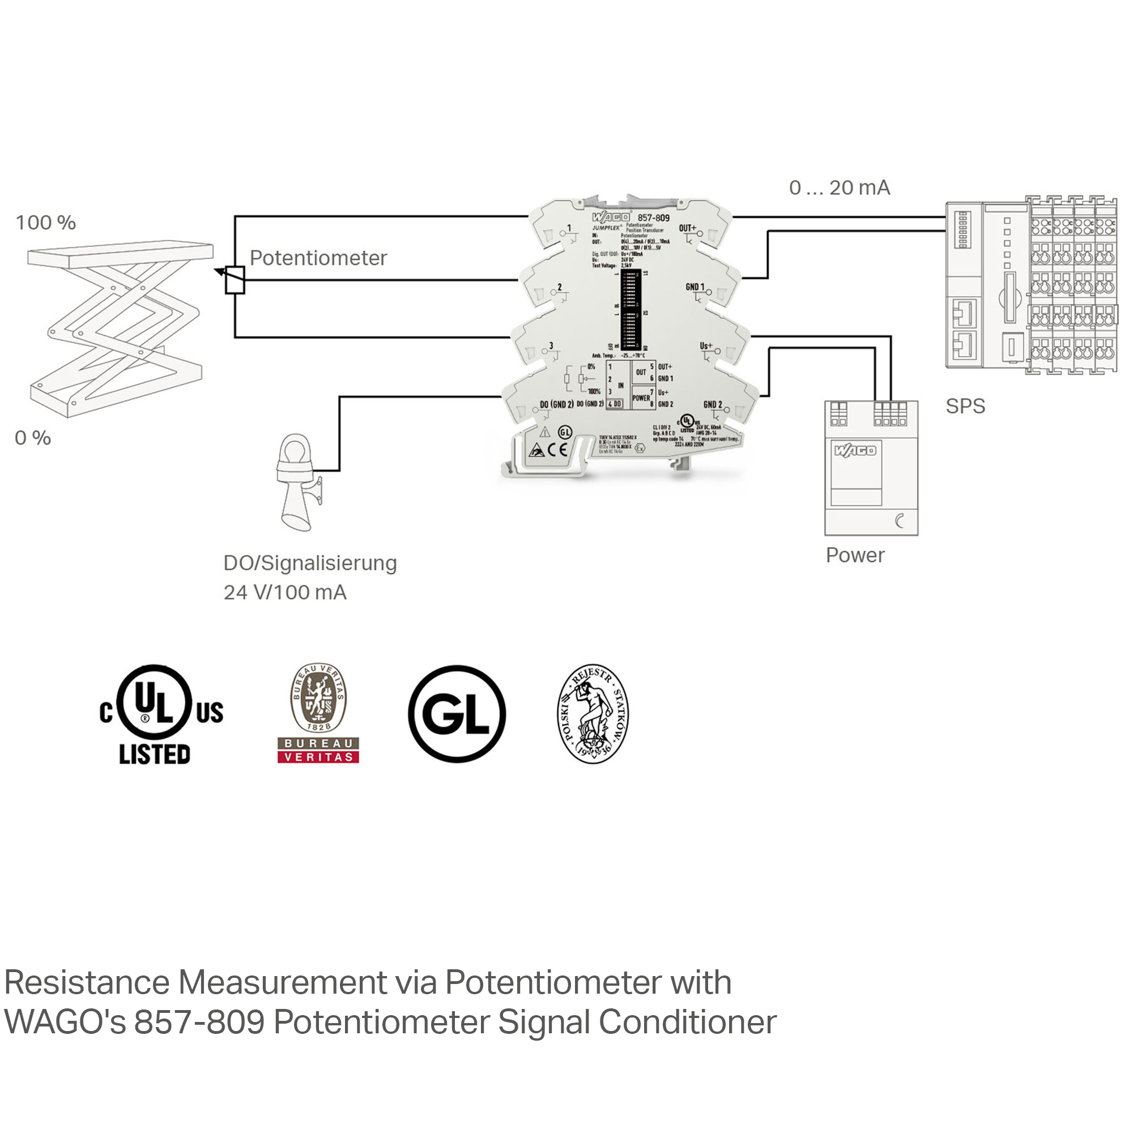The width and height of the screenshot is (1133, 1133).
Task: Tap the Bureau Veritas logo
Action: tap(318, 713)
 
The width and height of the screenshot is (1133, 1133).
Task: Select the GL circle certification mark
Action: tap(456, 714)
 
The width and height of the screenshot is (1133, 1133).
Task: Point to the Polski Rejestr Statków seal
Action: tap(593, 713)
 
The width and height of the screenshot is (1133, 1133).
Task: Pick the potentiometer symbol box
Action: tap(235, 280)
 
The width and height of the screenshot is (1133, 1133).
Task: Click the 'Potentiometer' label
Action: tap(318, 258)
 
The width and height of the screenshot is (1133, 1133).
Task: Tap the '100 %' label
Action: tap(46, 223)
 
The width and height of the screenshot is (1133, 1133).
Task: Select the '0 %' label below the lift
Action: tap(33, 438)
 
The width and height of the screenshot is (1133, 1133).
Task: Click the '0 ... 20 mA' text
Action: tap(839, 188)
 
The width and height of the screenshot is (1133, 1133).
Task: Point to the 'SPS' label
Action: tap(965, 406)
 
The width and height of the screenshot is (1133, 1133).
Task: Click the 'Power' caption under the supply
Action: tap(854, 555)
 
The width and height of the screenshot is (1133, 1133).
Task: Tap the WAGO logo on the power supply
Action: tap(855, 450)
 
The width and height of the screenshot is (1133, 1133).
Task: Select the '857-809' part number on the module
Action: tap(653, 218)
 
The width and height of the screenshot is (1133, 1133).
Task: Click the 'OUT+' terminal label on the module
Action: tap(687, 228)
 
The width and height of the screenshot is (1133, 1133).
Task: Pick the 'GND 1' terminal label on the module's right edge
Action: tap(695, 287)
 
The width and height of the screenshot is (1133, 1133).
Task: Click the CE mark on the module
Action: tap(557, 449)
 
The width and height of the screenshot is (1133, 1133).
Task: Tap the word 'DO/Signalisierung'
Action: tap(310, 563)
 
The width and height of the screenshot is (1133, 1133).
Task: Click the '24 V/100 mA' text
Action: tap(285, 593)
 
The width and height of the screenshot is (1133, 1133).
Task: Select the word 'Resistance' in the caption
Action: tap(86, 982)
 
